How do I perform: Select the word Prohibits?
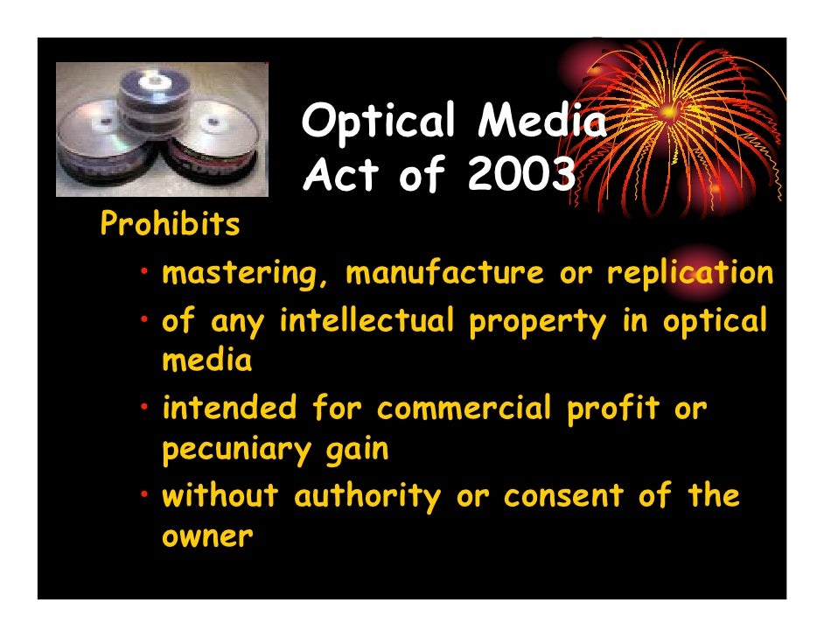click(x=170, y=226)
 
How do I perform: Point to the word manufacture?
click(x=444, y=274)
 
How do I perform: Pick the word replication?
click(x=690, y=274)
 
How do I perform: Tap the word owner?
click(x=207, y=535)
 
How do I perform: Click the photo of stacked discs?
click(x=162, y=129)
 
